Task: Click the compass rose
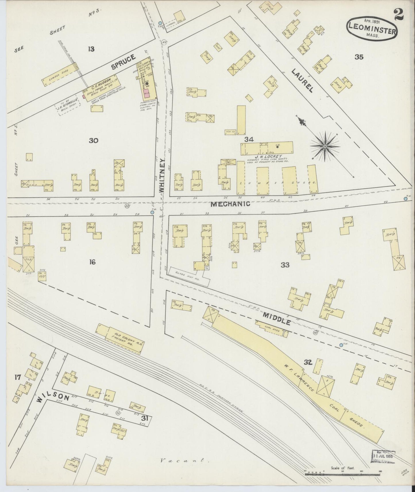[x=325, y=147]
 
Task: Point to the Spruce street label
[x=123, y=62]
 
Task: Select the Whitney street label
[x=162, y=175]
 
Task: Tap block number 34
[x=249, y=140]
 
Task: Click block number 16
[x=92, y=262]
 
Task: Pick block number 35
[x=359, y=57]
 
